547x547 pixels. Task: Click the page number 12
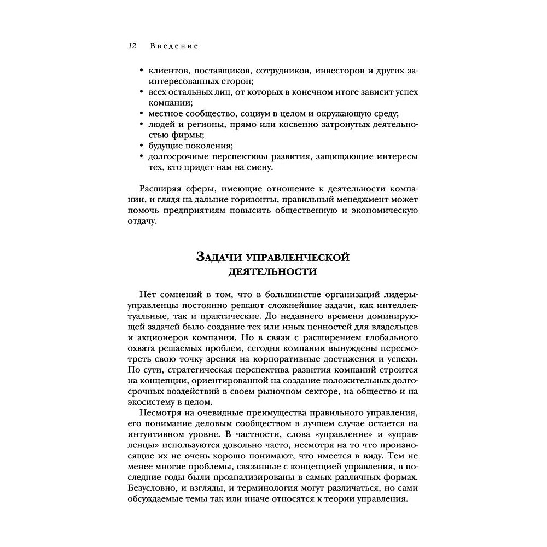pos(132,46)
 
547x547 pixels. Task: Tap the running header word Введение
pos(174,46)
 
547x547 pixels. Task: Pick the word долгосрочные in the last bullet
pos(172,156)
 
